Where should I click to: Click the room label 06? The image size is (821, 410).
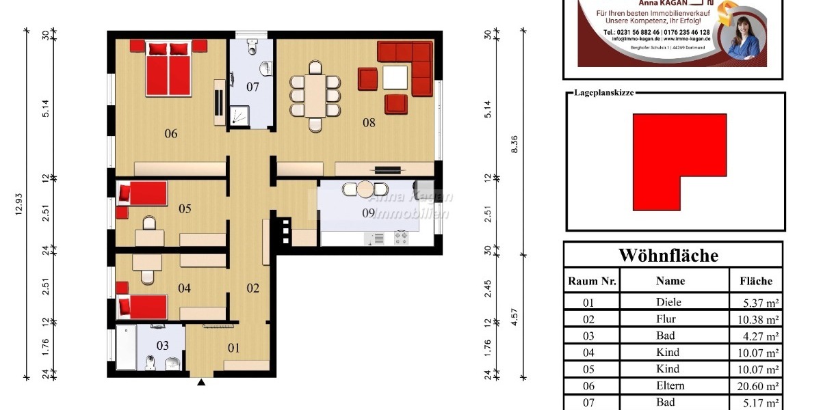(171, 134)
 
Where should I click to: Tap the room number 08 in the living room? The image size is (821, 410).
(369, 124)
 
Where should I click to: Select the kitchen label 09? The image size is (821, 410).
(368, 213)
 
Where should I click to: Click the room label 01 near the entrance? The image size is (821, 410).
(234, 348)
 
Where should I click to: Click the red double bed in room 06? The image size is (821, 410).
(168, 68)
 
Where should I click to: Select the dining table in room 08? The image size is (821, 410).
(315, 96)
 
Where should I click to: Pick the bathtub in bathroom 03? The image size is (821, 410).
(126, 347)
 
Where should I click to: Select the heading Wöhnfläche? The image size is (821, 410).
(668, 256)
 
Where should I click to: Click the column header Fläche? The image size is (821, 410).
(755, 281)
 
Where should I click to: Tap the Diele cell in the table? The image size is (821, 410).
(668, 303)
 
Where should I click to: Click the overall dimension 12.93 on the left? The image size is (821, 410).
(18, 204)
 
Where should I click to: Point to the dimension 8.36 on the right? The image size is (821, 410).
(514, 143)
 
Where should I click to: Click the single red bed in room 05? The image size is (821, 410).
(142, 193)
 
